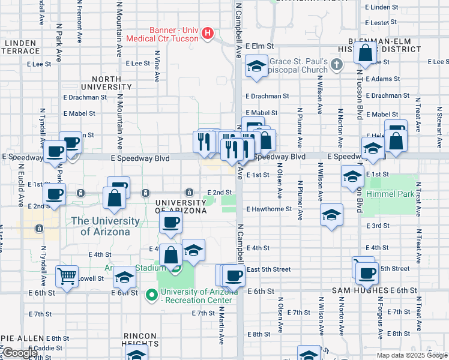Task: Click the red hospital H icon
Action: pos(208,32)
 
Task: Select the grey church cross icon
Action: pos(337,63)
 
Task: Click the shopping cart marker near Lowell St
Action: pos(67,277)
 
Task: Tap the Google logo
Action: pos(20,353)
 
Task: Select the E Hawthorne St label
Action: pos(269,209)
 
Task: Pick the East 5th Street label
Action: pos(268,269)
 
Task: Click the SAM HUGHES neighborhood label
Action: pos(360,290)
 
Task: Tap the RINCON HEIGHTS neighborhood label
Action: pos(140,340)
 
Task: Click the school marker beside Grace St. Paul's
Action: pos(256,67)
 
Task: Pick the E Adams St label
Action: pos(382,79)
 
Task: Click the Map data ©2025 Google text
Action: pos(412,355)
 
